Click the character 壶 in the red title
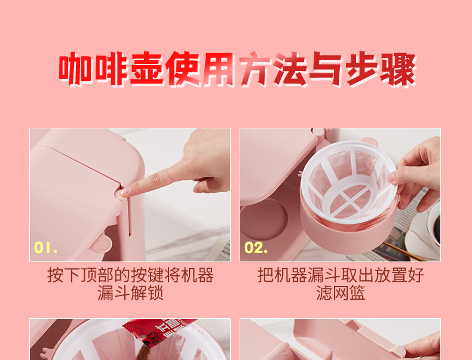coord(147,69)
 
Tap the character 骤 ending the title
coord(398,69)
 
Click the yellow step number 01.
coord(46,248)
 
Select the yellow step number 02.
coord(256,248)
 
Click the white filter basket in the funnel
coord(349,182)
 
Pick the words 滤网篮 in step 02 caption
coord(341,293)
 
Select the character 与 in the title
coord(326,69)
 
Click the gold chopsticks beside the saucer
coord(403,251)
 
